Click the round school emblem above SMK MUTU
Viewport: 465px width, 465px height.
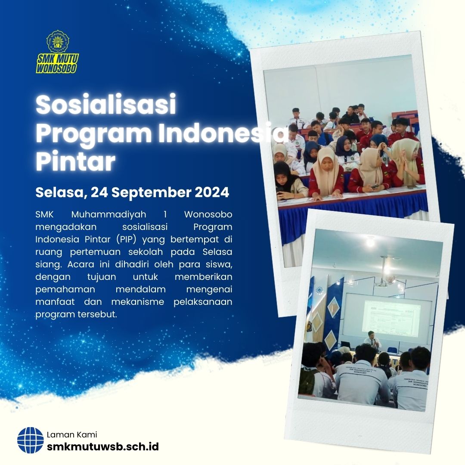pos(58,41)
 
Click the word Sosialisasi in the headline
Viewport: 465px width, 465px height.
pos(106,105)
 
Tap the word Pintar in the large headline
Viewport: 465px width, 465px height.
pos(75,161)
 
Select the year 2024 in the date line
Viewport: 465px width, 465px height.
pos(212,192)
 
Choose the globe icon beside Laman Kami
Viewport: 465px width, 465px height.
pos(31,440)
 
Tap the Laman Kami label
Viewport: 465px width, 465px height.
pos(71,434)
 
